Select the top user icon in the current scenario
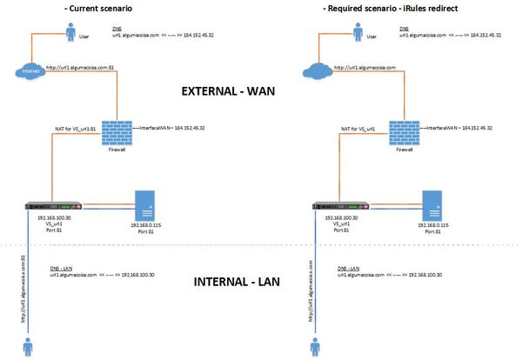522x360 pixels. [71, 32]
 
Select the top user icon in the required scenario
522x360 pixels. [358, 32]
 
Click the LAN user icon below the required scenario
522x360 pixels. [314, 347]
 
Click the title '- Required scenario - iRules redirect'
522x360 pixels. [377, 8]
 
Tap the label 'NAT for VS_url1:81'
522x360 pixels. [75, 128]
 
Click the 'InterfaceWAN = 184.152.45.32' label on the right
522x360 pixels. [459, 127]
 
